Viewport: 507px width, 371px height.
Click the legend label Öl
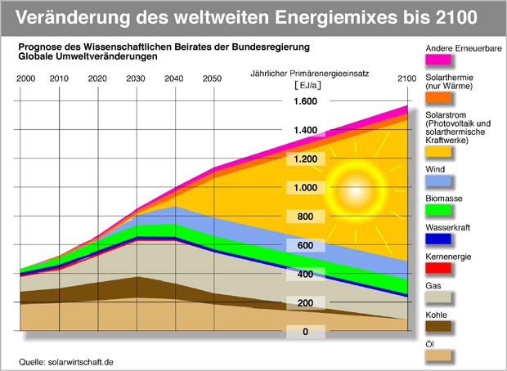(x=431, y=343)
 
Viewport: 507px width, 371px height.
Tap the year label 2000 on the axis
(x=25, y=78)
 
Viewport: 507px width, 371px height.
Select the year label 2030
(x=136, y=78)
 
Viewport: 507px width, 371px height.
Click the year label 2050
(x=211, y=78)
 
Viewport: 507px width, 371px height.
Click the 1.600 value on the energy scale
(x=306, y=101)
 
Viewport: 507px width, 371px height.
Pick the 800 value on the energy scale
(x=306, y=217)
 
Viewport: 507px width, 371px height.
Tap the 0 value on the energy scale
(x=306, y=332)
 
